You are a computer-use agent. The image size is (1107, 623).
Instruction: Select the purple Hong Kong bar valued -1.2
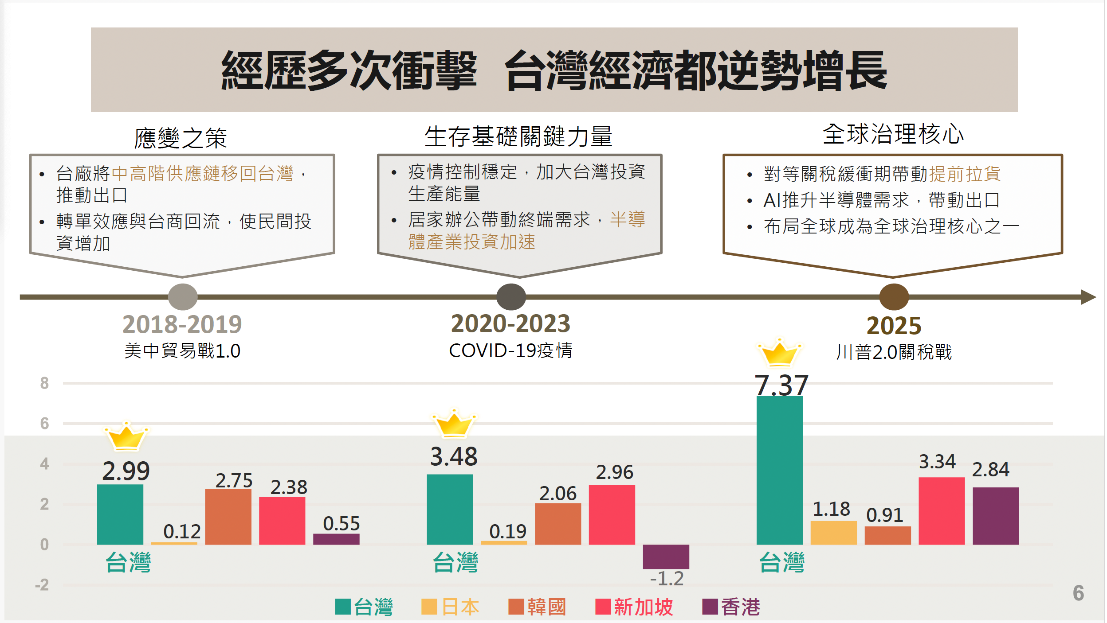(x=666, y=556)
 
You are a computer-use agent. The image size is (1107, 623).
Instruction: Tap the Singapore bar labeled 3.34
(x=941, y=510)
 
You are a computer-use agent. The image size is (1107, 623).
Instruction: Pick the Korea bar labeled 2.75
(x=228, y=517)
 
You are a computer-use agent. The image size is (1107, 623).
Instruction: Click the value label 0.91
(x=884, y=515)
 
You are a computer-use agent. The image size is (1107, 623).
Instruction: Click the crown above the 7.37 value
(x=779, y=353)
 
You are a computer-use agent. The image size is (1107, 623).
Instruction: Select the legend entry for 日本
(x=450, y=607)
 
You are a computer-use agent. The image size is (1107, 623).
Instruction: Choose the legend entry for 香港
(x=731, y=607)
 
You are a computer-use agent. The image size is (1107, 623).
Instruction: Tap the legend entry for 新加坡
(x=634, y=607)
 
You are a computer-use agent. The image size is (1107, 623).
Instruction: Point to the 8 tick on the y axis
(x=44, y=383)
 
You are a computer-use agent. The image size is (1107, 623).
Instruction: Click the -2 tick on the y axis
(x=42, y=585)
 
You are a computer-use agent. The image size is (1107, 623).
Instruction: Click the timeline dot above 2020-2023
(x=511, y=297)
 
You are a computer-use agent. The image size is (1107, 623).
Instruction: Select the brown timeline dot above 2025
(x=894, y=297)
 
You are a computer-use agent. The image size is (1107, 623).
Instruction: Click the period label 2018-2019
(x=182, y=324)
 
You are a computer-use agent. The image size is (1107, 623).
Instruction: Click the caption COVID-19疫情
(x=510, y=350)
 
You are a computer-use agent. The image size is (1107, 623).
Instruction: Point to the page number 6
(x=1078, y=593)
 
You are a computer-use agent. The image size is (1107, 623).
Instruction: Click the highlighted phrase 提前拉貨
(x=965, y=174)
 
